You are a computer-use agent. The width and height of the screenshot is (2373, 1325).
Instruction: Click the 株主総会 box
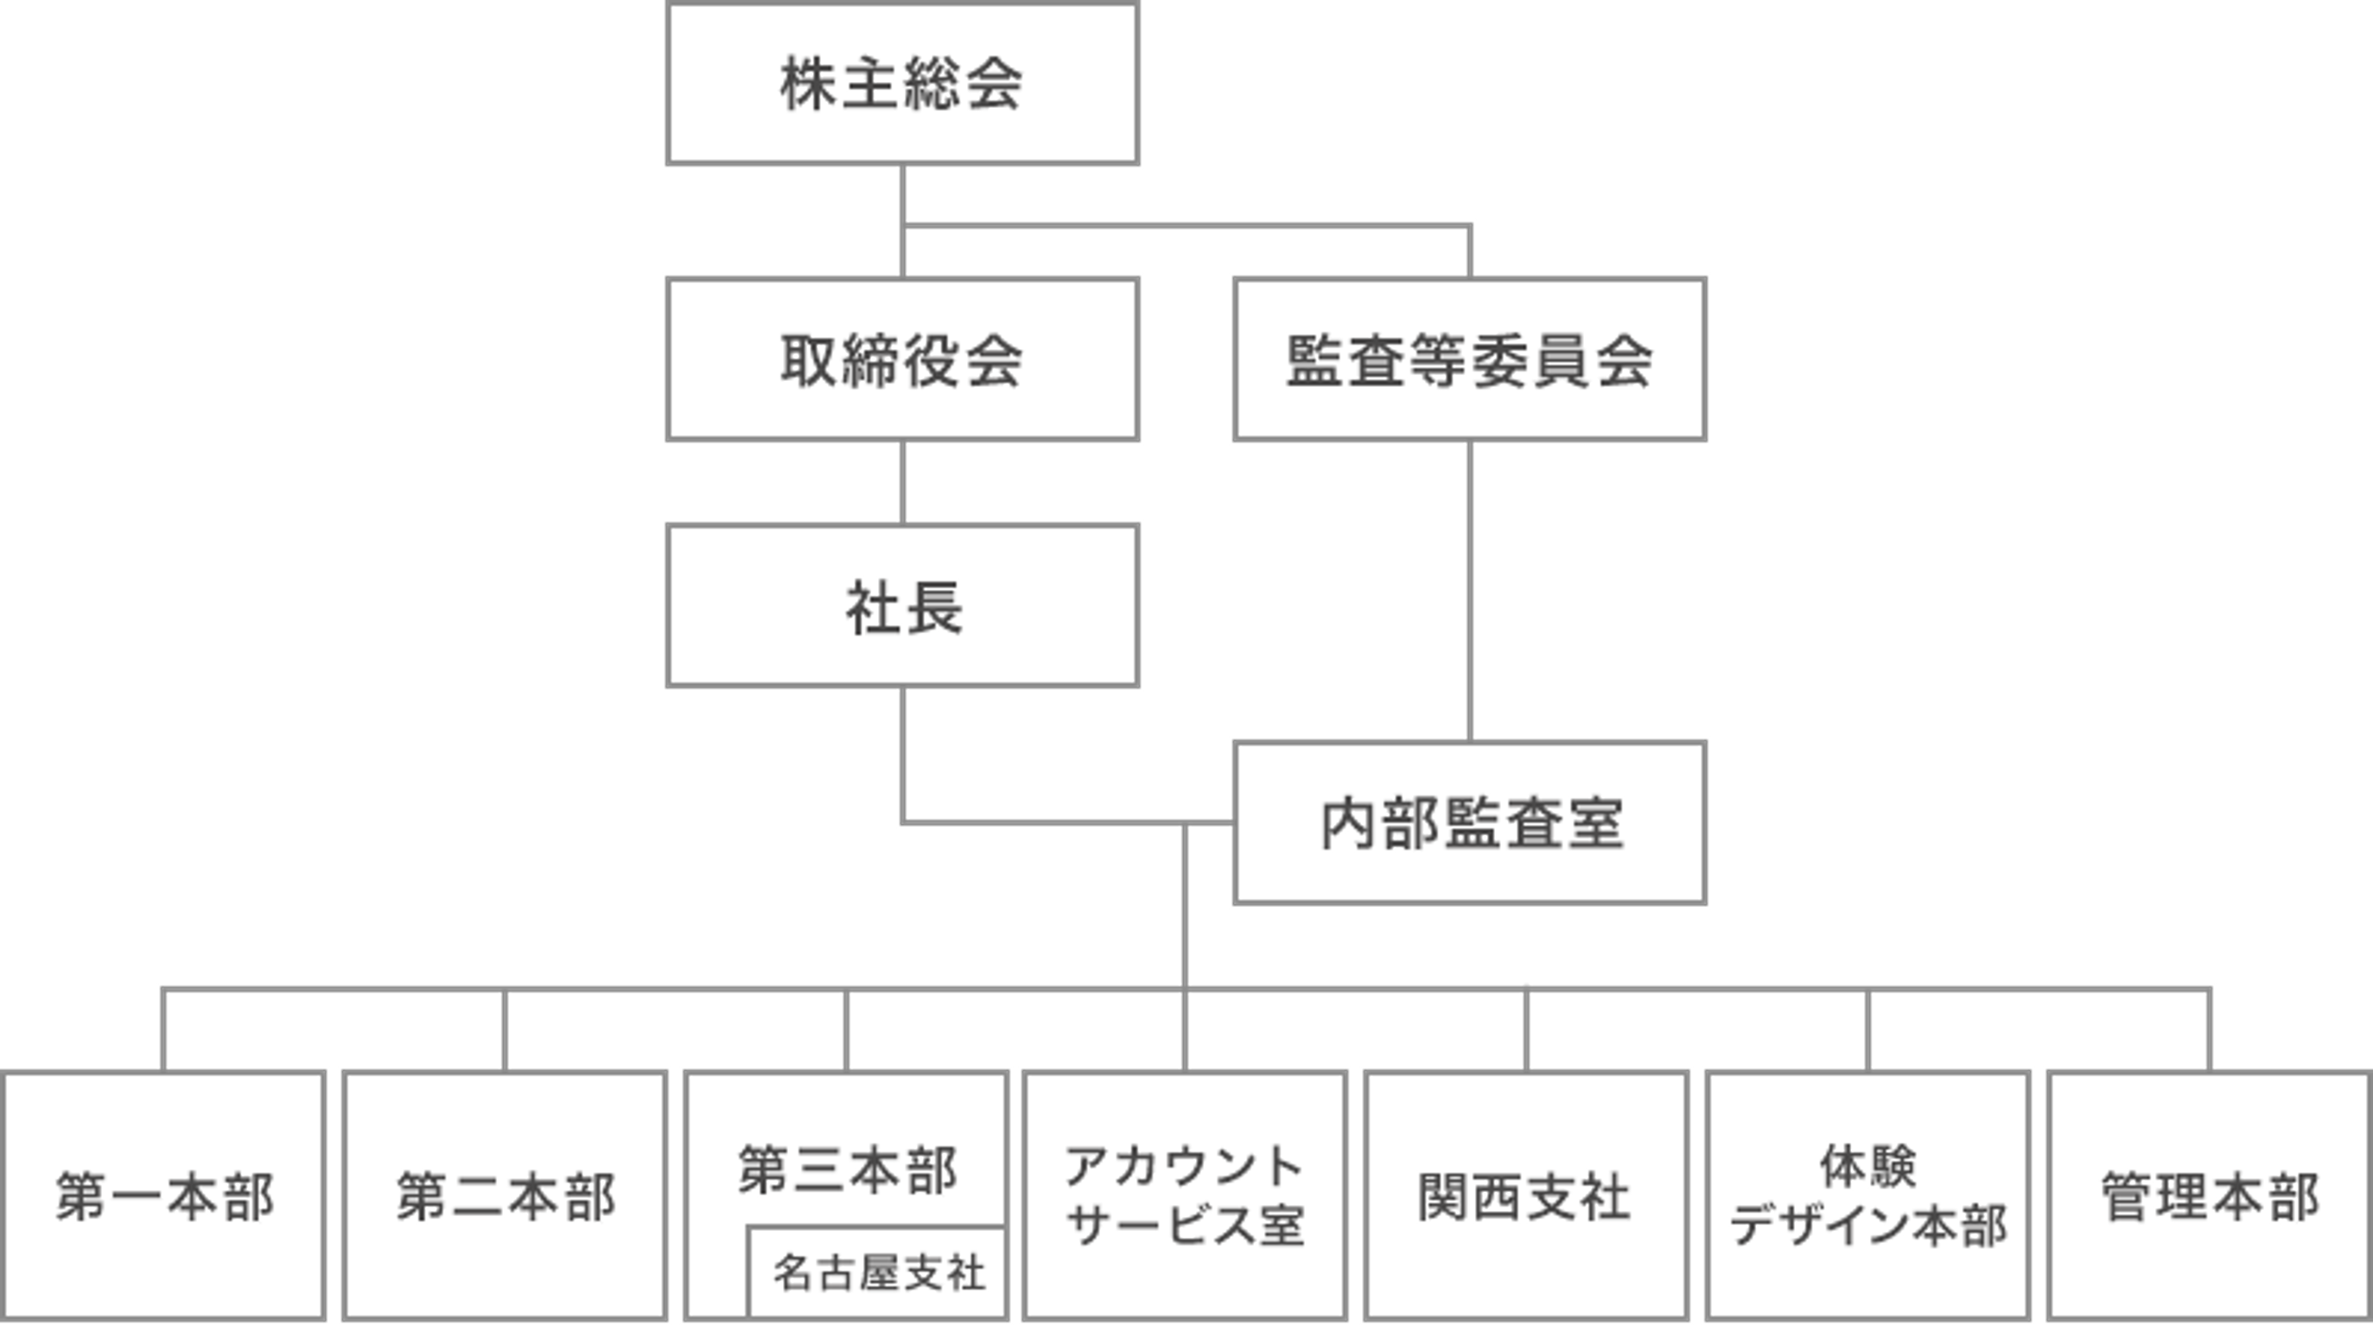(x=903, y=84)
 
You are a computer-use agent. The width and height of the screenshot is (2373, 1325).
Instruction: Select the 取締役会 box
(x=903, y=359)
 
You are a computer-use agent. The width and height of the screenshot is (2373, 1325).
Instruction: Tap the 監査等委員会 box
(x=1469, y=359)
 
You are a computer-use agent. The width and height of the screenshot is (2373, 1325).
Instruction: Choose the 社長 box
(x=903, y=605)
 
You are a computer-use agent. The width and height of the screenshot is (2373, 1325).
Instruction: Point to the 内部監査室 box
(x=1469, y=822)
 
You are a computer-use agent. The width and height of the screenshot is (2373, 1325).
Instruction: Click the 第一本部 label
(x=164, y=1197)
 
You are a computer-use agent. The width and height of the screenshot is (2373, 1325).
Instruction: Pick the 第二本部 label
(x=505, y=1197)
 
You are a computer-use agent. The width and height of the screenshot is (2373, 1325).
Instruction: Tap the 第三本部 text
(x=847, y=1170)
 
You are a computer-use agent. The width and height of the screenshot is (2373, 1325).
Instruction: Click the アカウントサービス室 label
(x=1185, y=1195)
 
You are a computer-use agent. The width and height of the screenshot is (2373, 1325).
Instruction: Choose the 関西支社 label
(x=1524, y=1197)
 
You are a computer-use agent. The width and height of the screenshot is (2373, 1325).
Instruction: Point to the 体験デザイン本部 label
(x=1868, y=1195)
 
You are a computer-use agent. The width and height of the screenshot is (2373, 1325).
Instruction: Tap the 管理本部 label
(x=2210, y=1197)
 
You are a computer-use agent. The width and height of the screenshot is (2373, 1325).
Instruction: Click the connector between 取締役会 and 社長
(x=903, y=483)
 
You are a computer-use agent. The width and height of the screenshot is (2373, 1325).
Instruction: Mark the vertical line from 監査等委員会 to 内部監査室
(x=1469, y=591)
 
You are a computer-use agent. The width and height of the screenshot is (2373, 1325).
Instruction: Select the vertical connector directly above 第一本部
(x=163, y=1030)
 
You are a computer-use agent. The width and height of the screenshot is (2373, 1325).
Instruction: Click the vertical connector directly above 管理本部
(x=2210, y=1030)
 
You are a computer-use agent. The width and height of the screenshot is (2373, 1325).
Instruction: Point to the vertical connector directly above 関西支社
(x=1526, y=1030)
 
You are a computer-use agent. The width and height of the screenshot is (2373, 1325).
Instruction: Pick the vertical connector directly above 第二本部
(x=505, y=1030)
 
